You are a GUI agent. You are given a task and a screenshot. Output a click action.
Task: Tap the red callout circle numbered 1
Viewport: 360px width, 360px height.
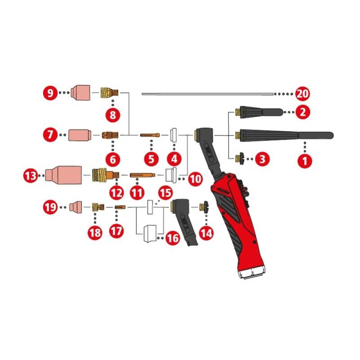coord(305,161)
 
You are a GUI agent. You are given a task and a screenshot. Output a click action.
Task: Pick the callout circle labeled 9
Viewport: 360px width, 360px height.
coord(50,93)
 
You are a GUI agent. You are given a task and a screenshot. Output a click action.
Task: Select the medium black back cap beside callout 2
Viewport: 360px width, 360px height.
coord(258,112)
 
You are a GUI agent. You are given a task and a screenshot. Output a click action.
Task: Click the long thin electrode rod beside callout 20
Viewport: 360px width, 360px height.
coord(207,94)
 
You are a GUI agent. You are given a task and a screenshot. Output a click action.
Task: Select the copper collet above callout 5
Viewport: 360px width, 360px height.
coord(149,134)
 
